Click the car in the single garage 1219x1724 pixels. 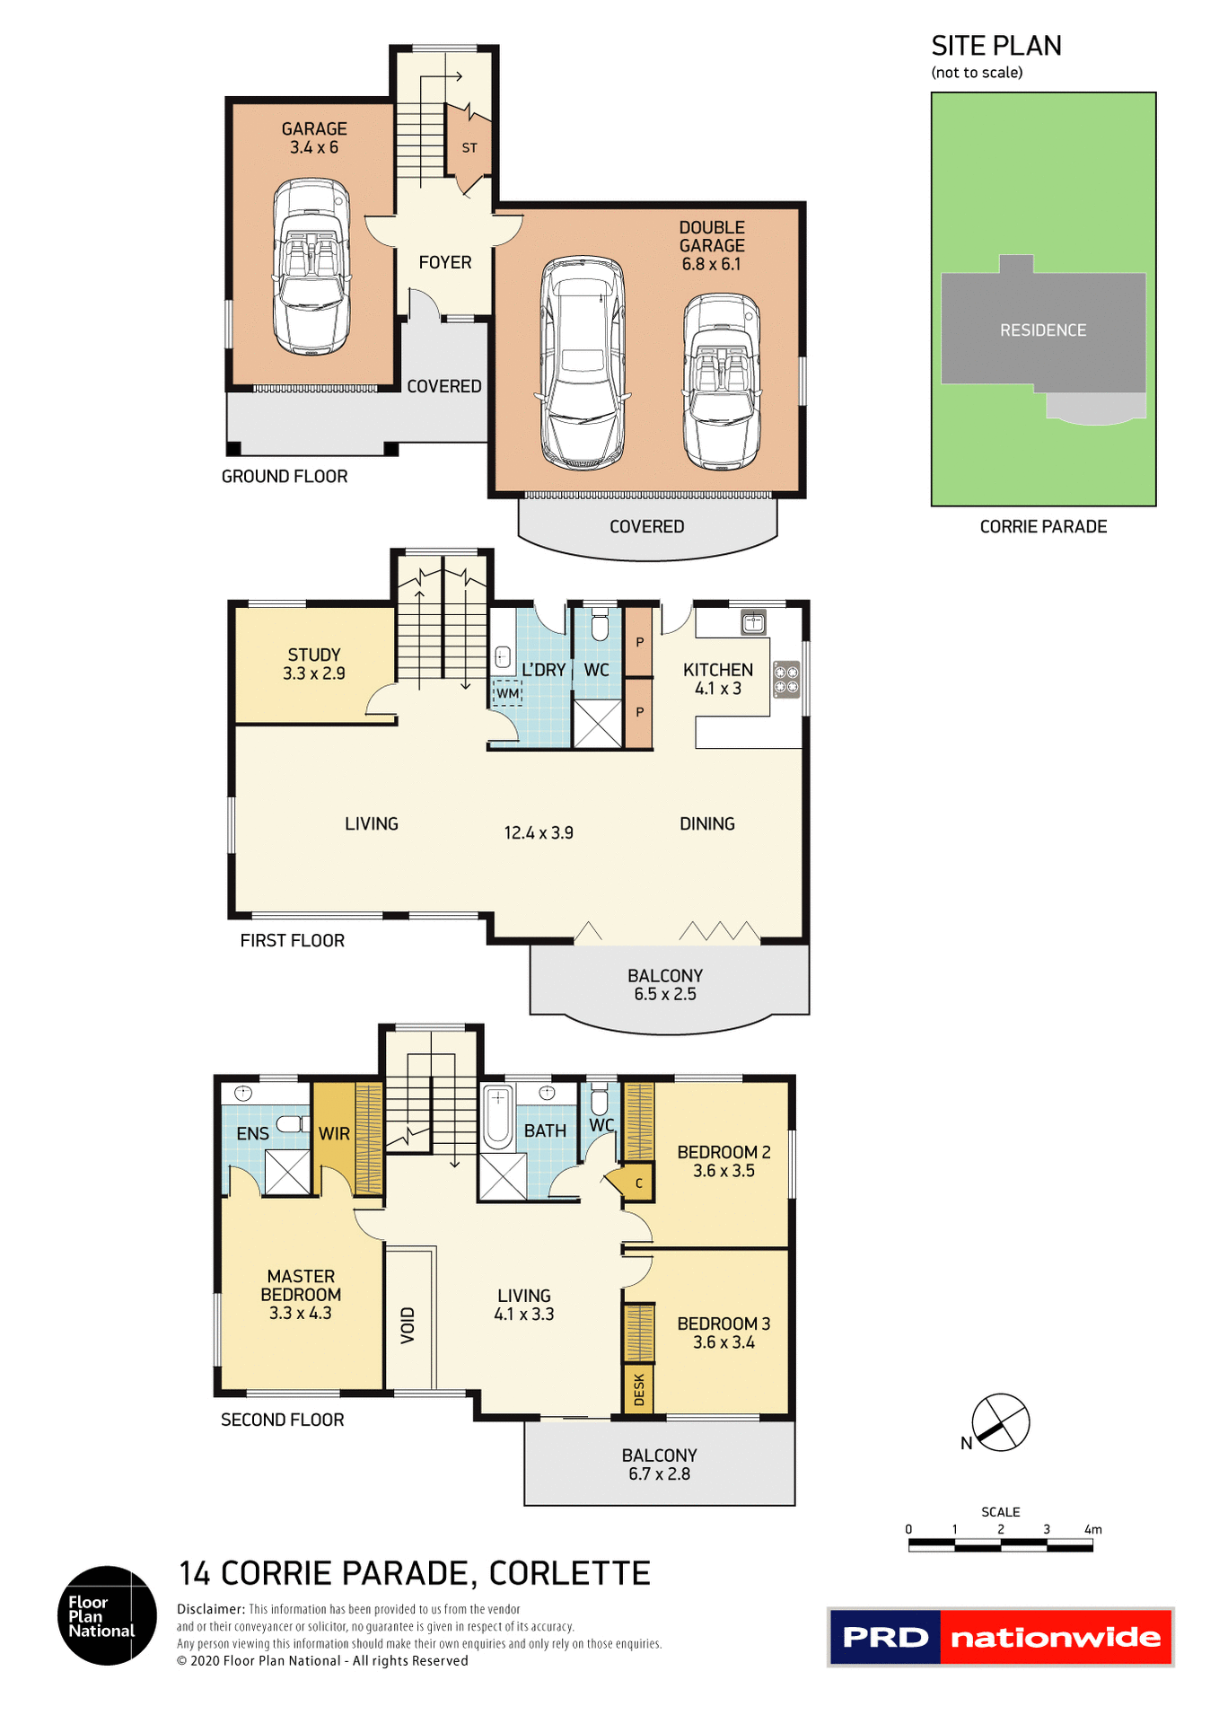tap(311, 267)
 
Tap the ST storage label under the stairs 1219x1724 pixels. tap(469, 148)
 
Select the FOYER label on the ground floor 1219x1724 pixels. tap(445, 262)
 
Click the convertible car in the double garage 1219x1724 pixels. tap(722, 382)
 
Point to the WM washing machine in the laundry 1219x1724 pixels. tap(507, 693)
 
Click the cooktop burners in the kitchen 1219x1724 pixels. tap(786, 680)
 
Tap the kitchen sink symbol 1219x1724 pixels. tap(753, 621)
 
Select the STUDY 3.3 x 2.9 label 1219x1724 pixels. tap(313, 664)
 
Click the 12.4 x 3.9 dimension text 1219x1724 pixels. tap(539, 833)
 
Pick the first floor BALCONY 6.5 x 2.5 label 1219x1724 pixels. tap(665, 985)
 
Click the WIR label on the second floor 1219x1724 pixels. tap(334, 1134)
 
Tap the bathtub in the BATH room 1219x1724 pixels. tap(498, 1116)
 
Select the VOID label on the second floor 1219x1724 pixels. tap(408, 1325)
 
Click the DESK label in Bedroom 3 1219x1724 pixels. tap(639, 1389)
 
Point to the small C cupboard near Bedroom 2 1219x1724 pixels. tap(638, 1183)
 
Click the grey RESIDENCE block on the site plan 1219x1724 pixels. tap(1043, 330)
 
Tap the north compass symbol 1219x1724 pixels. tap(1001, 1421)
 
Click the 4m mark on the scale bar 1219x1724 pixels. tap(1092, 1530)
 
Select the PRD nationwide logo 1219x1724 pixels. tap(1000, 1637)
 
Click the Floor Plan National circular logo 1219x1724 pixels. tap(107, 1615)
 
